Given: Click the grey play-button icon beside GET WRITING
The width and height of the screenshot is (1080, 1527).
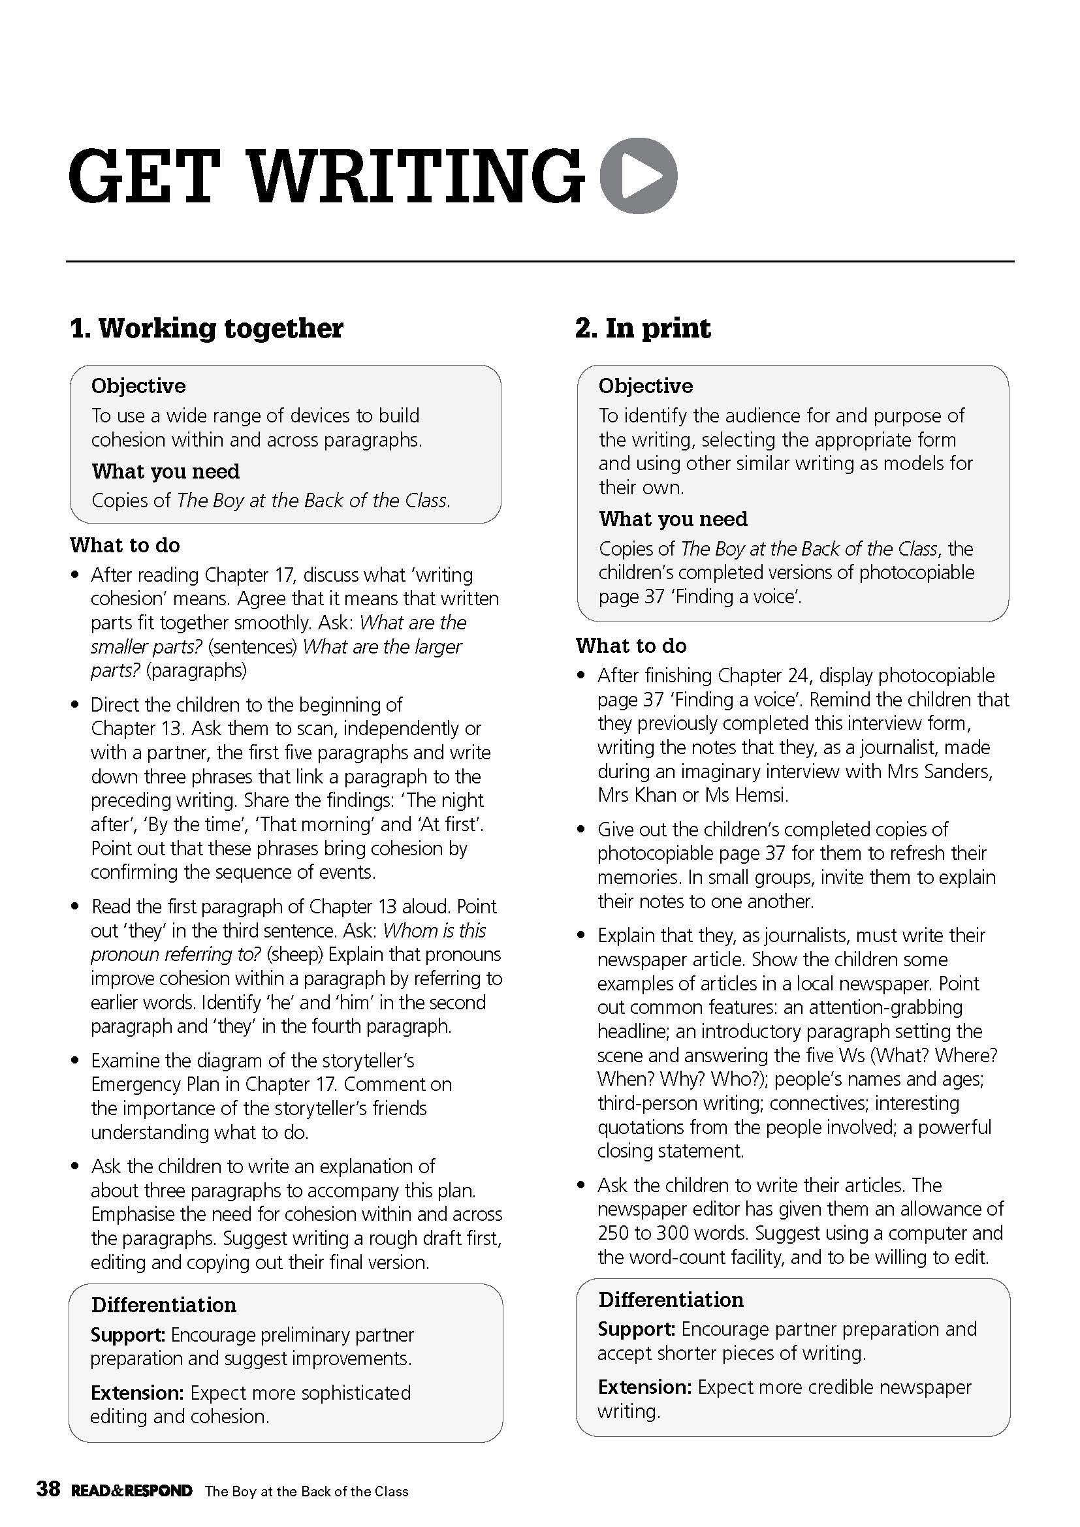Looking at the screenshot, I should (x=639, y=176).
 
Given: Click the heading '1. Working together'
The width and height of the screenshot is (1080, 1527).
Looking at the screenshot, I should (x=207, y=328).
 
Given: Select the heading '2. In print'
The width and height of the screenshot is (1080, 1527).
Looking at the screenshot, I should (x=643, y=328).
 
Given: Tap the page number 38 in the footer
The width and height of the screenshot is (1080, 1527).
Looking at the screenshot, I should (x=48, y=1488).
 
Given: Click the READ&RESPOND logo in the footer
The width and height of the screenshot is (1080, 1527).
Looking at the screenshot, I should (x=132, y=1490).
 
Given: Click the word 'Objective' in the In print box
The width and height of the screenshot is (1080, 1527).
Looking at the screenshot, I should (x=645, y=386).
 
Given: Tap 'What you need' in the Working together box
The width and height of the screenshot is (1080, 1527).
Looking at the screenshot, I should (x=166, y=471).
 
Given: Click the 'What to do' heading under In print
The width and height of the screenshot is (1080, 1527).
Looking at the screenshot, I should (x=631, y=646).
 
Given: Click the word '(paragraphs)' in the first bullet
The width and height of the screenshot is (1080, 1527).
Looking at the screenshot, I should (x=196, y=670).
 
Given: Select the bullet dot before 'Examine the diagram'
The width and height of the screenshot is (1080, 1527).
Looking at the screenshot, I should (x=76, y=1062).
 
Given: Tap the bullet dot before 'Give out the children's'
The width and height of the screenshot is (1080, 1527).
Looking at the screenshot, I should (x=582, y=830).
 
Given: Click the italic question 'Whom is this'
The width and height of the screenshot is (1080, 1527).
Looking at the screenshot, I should (x=435, y=930).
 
